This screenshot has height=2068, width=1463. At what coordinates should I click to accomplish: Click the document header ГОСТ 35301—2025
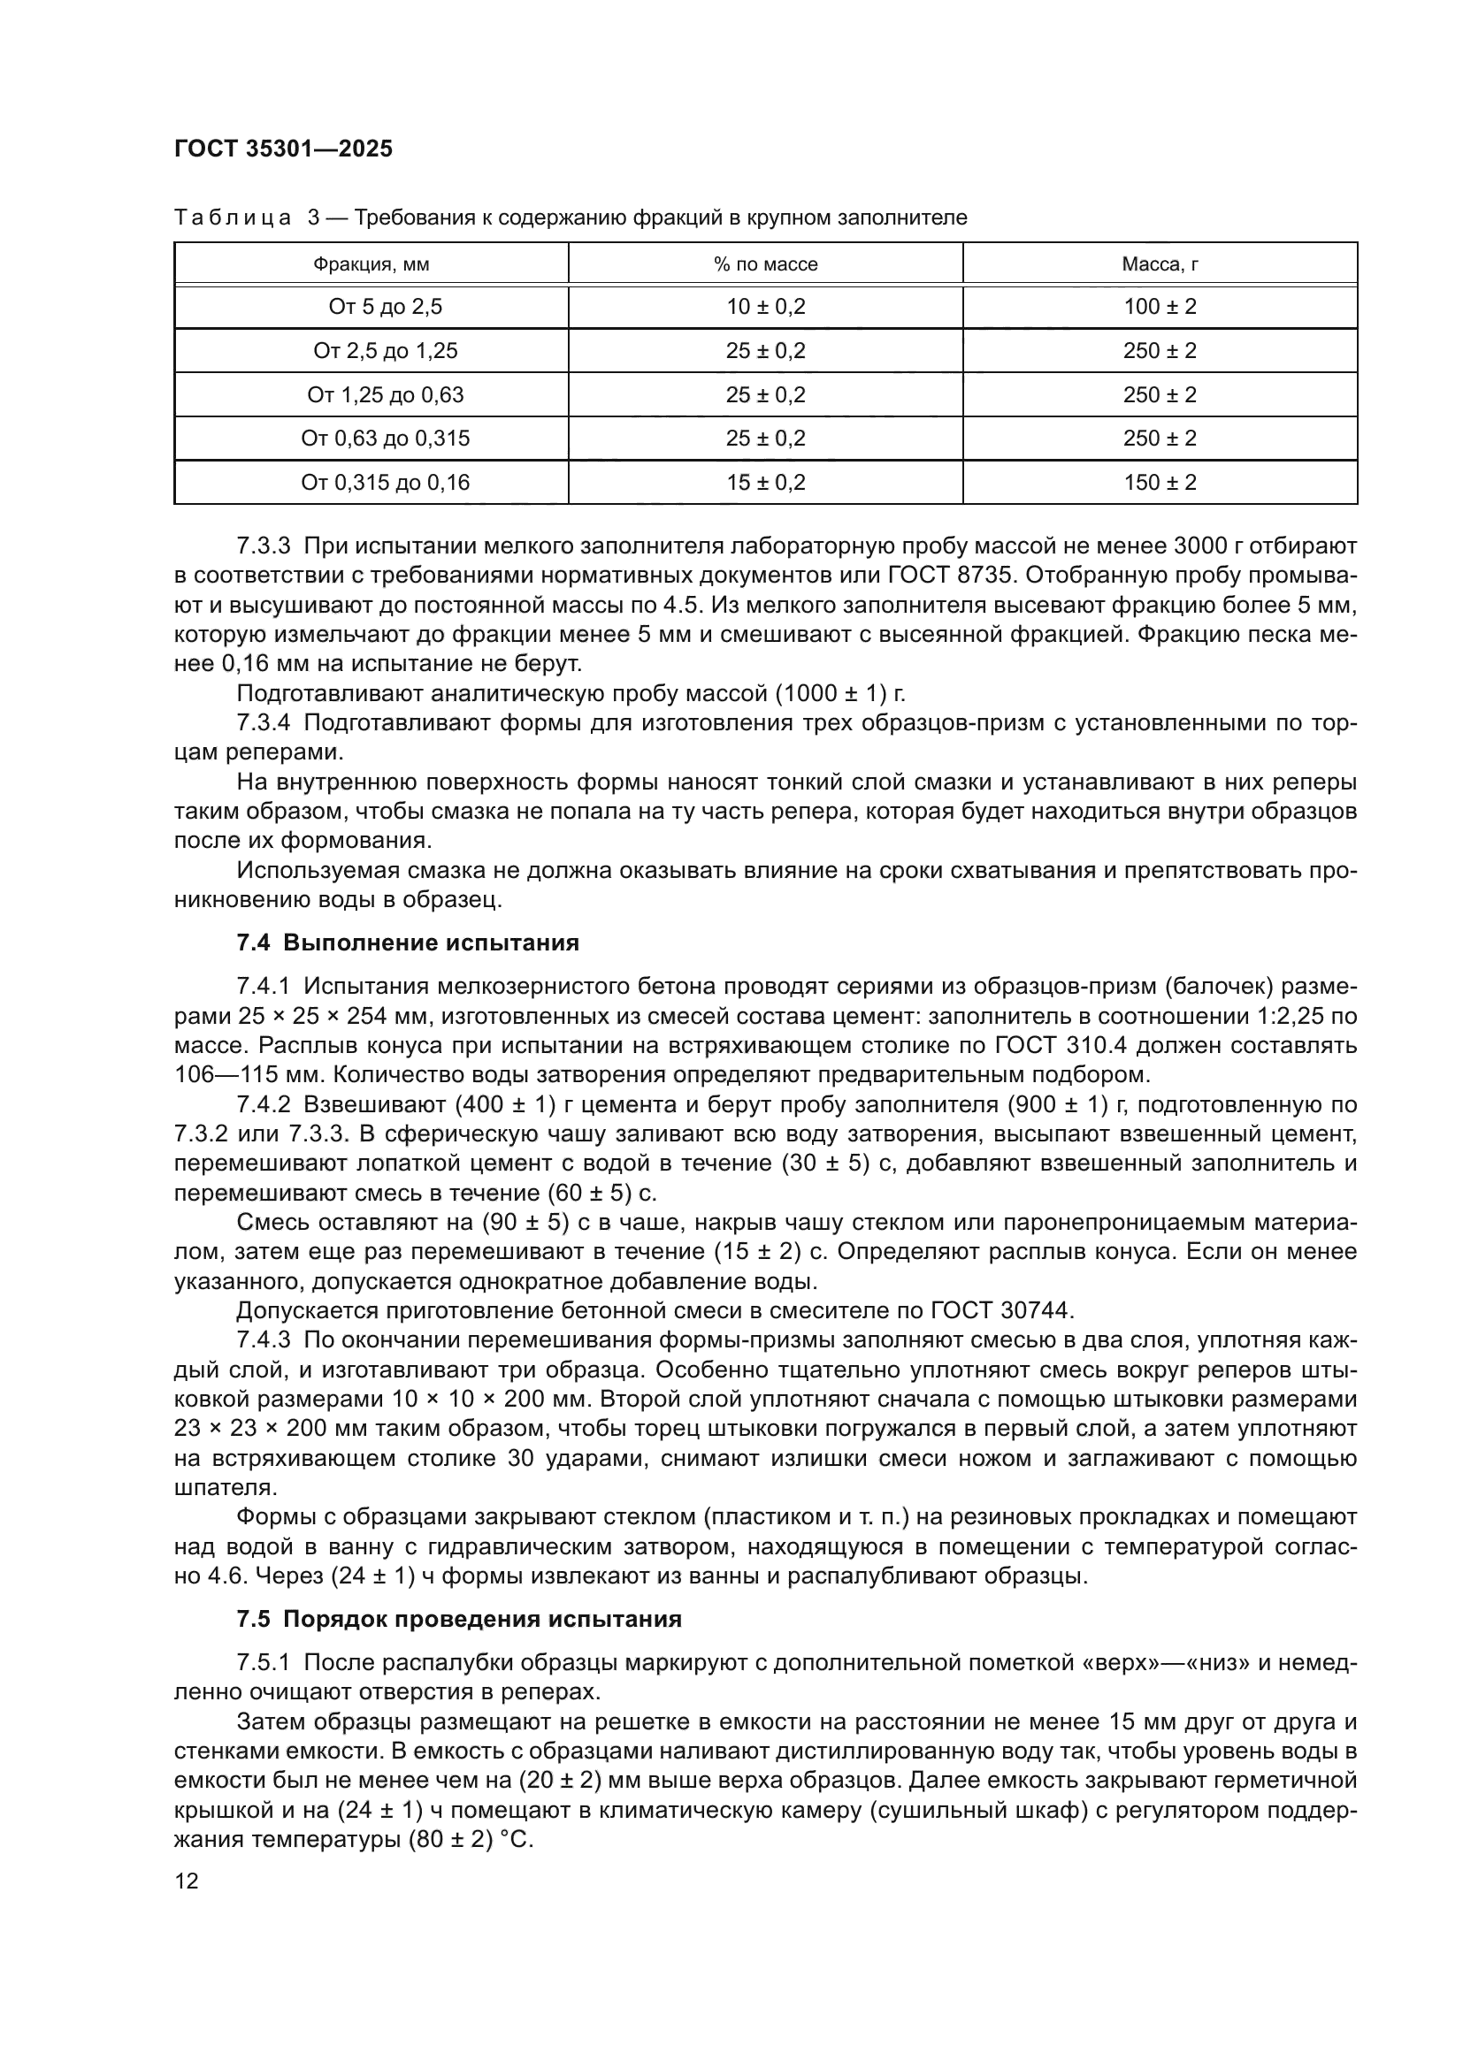coord(284,149)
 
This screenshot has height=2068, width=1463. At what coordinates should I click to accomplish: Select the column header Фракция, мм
coord(371,265)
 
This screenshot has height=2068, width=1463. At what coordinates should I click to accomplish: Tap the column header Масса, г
coord(1160,265)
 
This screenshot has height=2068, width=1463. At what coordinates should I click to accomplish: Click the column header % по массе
coord(766,265)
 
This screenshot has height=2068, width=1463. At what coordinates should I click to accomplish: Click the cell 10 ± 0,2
coord(766,307)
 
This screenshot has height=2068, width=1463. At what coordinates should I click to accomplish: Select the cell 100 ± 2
coord(1160,307)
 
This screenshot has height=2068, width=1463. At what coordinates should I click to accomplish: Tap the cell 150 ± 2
coord(1160,483)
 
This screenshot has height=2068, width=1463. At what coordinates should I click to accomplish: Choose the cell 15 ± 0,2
coord(766,483)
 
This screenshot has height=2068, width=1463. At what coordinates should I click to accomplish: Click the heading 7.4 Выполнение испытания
coord(407,943)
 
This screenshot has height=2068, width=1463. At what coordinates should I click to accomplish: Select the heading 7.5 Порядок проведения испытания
coord(458,1620)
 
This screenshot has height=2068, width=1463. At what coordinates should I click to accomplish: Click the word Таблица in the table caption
coord(233,218)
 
